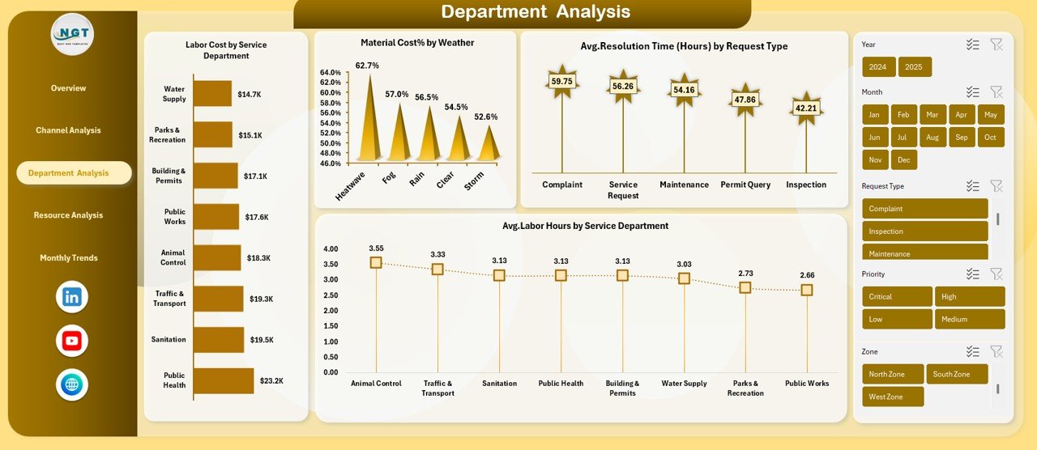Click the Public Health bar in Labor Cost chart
(x=224, y=380)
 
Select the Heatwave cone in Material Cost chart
(x=369, y=129)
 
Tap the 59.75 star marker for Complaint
(x=561, y=82)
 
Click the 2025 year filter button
(x=915, y=67)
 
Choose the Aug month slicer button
(x=932, y=138)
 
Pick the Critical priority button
(x=896, y=297)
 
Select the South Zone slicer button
(x=957, y=374)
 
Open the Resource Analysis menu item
(x=68, y=215)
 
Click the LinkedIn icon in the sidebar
(x=72, y=297)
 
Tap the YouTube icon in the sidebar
(x=72, y=341)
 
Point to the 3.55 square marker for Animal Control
(x=376, y=262)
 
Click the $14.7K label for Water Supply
(x=250, y=95)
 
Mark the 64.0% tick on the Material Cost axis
(x=331, y=73)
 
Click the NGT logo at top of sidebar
(x=72, y=34)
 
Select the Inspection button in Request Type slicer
(x=924, y=231)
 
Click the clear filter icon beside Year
(x=996, y=45)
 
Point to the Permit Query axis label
(x=745, y=185)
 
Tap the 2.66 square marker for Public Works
(x=807, y=290)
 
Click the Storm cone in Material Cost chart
(x=488, y=146)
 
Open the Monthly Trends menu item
(x=69, y=258)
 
